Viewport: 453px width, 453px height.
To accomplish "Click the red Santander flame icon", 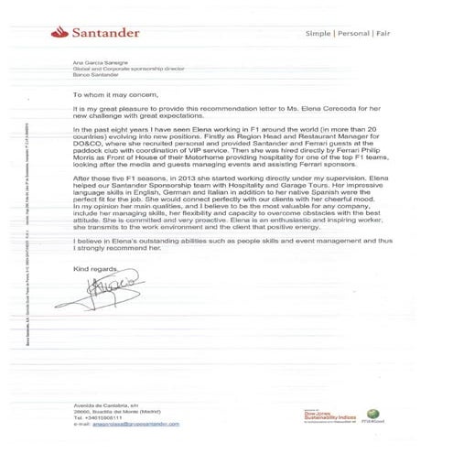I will (x=67, y=32).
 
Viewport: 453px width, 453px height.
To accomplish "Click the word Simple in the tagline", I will (x=320, y=34).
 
